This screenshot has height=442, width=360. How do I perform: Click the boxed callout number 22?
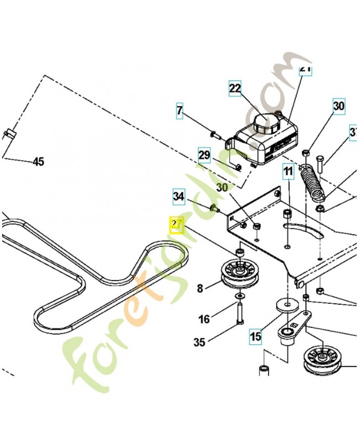pos(235,88)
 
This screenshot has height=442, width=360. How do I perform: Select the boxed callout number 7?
pos(179,110)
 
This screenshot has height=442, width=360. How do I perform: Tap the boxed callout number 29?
pos(204,155)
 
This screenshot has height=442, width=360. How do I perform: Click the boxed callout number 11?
pos(288,171)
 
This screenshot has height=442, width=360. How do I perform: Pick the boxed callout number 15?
pos(255,335)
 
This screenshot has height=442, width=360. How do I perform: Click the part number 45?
pos(38,162)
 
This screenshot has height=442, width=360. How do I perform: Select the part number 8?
pos(200,287)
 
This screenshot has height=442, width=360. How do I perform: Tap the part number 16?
pos(204,319)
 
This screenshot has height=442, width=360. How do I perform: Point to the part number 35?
pos(199,343)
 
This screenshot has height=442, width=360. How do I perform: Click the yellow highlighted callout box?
pos(177,225)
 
